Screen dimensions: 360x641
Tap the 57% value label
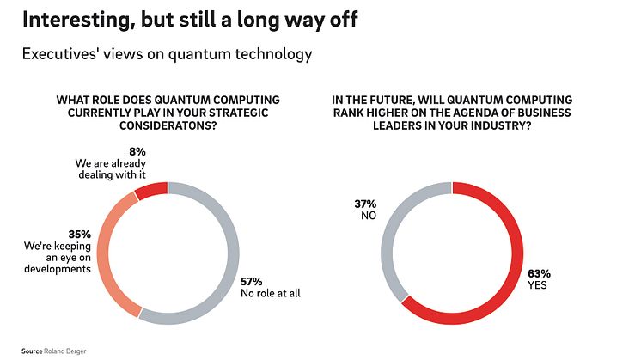[x=253, y=280]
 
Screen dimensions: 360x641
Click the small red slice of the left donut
[x=152, y=189]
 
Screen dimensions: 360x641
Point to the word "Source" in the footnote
[x=33, y=351]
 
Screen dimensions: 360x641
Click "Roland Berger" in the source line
[x=68, y=351]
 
